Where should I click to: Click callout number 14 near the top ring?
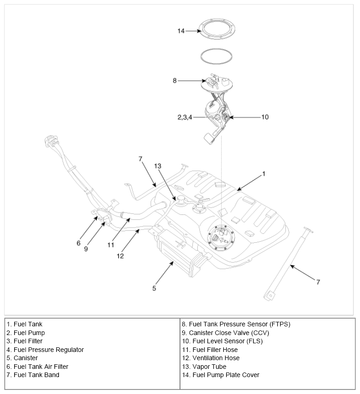pyautogui.click(x=181, y=31)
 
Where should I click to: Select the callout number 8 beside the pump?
pyautogui.click(x=175, y=81)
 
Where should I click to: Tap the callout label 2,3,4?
pyautogui.click(x=185, y=117)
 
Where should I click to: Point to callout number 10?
pyautogui.click(x=265, y=117)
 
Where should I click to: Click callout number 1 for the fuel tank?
pyautogui.click(x=264, y=174)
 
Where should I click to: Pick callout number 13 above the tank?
pyautogui.click(x=158, y=166)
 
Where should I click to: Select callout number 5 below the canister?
pyautogui.click(x=154, y=288)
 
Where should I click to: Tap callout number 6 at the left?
pyautogui.click(x=79, y=243)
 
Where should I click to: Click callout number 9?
pyautogui.click(x=86, y=249)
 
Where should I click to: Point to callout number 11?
pyautogui.click(x=111, y=245)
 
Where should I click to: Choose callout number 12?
pyautogui.click(x=120, y=256)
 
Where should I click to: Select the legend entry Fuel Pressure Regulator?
pyautogui.click(x=45, y=350)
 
